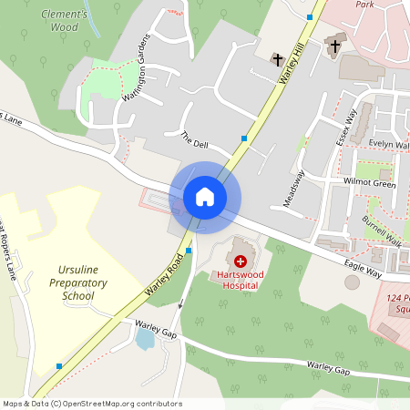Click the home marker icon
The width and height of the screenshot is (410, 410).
point(205,196)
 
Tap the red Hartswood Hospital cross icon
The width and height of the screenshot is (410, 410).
point(241,261)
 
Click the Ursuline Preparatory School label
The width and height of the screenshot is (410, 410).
point(77,283)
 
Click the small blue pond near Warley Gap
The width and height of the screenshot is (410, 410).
point(144,340)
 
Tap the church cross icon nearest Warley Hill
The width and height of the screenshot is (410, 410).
point(277,59)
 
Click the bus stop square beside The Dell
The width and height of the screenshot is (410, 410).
point(243,138)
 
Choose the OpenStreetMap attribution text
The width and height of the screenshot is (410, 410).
point(91,404)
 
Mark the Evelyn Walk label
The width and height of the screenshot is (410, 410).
point(389,144)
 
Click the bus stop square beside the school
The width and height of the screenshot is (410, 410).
point(59,366)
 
